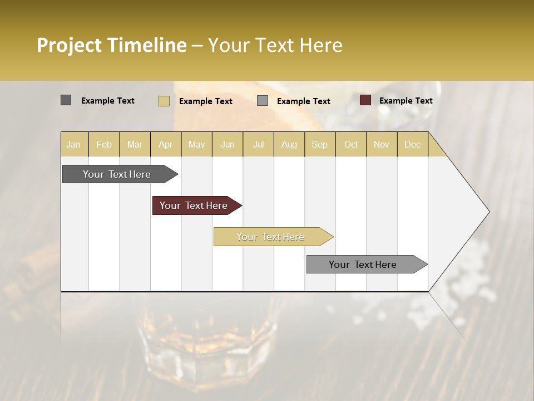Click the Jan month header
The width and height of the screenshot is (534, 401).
[x=73, y=144]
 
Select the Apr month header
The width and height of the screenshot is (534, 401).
[x=166, y=144]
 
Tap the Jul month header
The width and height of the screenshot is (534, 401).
[x=258, y=144]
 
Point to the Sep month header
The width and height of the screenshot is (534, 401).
[x=319, y=144]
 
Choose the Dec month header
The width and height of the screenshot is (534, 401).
[x=412, y=144]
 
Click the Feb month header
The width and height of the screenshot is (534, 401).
[x=104, y=144]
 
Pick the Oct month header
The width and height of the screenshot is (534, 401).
[x=351, y=144]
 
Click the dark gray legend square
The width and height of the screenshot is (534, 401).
[x=66, y=100]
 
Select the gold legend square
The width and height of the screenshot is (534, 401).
[x=164, y=101]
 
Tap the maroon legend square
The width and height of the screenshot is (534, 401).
[x=365, y=100]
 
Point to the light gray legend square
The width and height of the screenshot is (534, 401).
[x=263, y=101]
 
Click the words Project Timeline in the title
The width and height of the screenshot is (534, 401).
[x=112, y=45]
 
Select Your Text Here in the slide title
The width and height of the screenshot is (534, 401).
[x=275, y=45]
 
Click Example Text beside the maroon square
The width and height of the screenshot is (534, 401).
[x=406, y=101]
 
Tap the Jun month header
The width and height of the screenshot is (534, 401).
[x=228, y=144]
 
